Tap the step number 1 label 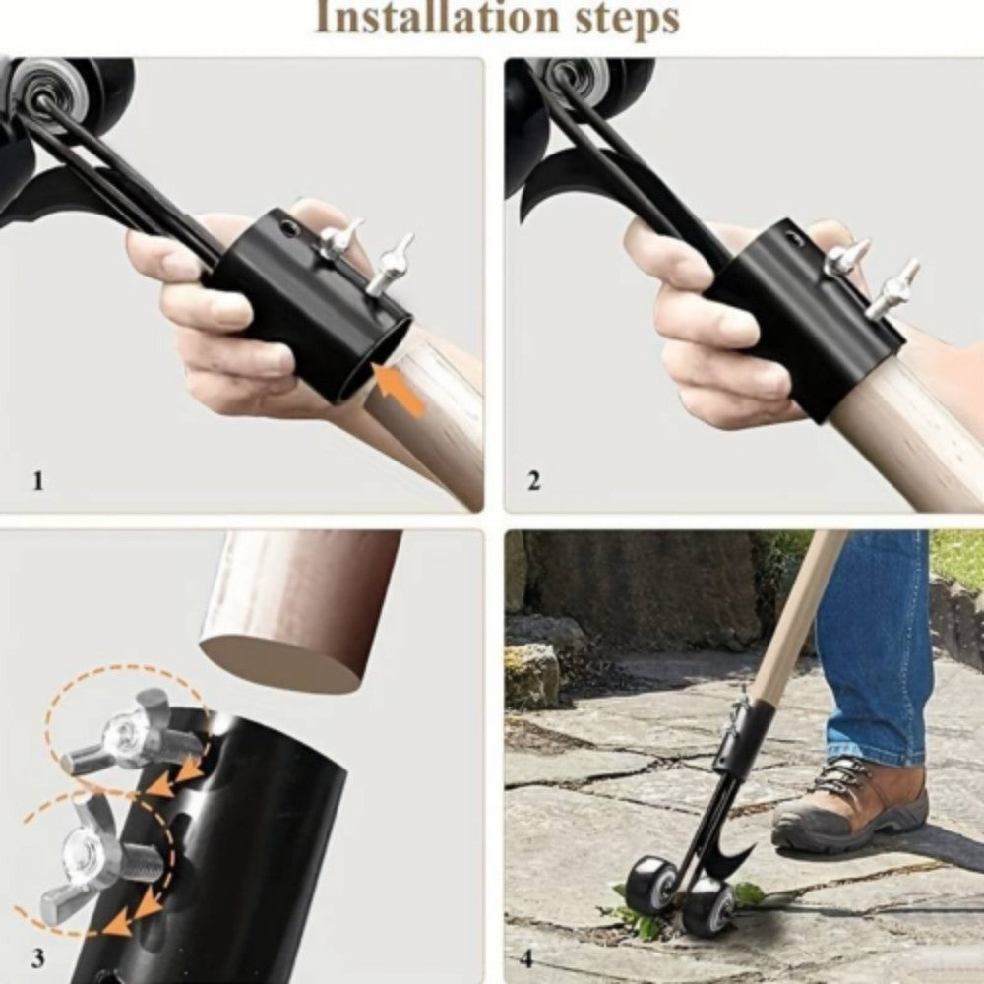(38, 481)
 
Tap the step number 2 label (533, 481)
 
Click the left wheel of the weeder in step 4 (650, 883)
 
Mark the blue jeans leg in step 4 (876, 640)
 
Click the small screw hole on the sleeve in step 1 (287, 228)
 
